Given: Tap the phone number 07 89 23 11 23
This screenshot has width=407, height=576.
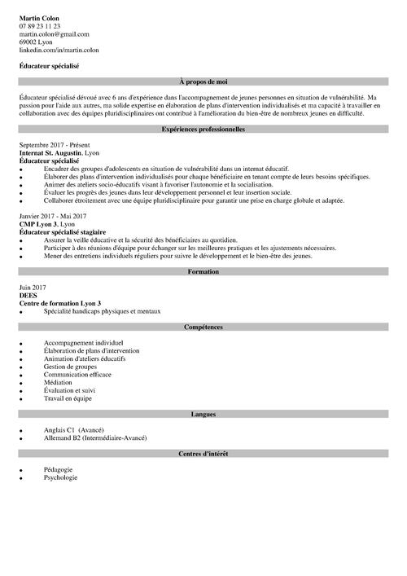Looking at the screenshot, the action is click(x=39, y=26).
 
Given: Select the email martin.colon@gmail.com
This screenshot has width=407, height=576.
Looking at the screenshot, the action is click(x=54, y=34).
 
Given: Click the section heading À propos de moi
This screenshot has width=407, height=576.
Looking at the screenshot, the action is click(x=203, y=82).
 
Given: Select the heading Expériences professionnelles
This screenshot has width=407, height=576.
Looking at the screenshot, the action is click(x=203, y=130).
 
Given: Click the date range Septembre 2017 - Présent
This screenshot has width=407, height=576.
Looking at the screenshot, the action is click(x=52, y=143).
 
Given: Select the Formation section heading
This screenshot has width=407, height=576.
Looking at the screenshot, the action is click(x=203, y=271).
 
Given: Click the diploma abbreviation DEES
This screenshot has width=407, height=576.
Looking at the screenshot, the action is click(x=28, y=295).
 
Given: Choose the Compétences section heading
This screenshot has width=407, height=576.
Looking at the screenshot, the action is click(x=203, y=326).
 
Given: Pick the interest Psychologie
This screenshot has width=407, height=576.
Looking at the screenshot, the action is click(x=62, y=477).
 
